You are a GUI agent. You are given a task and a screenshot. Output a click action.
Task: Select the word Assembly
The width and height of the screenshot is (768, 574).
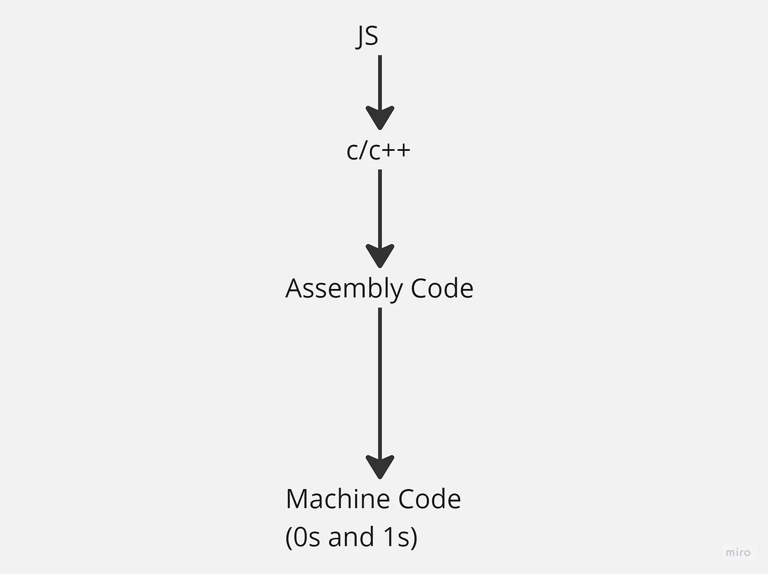[x=343, y=289]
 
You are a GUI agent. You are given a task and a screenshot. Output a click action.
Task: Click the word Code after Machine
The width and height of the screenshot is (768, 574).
[x=430, y=499]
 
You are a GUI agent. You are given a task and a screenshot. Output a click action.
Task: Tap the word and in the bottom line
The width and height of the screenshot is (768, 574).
[x=351, y=537]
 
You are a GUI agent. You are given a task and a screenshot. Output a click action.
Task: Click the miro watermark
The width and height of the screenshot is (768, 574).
[x=738, y=552]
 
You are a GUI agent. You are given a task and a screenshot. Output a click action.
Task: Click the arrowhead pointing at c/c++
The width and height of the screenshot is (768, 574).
[x=380, y=118]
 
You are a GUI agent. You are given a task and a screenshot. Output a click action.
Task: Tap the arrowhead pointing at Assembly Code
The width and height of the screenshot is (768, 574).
[x=380, y=255]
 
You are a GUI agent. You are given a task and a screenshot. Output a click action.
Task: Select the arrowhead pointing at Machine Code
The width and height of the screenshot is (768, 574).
[x=380, y=467]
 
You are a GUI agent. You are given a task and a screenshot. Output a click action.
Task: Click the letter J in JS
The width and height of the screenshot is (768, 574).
[x=361, y=36]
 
